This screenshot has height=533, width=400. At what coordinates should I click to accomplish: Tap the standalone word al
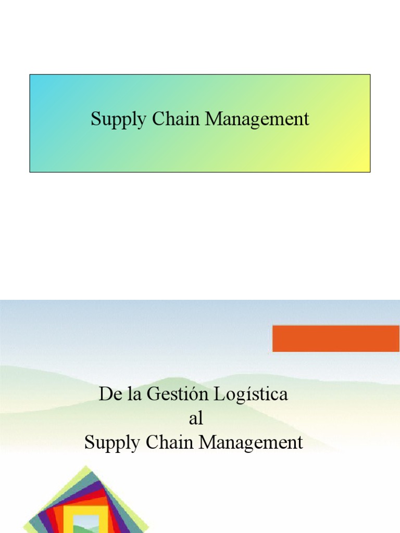195,418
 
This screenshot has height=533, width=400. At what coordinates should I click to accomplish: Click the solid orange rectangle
335,338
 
